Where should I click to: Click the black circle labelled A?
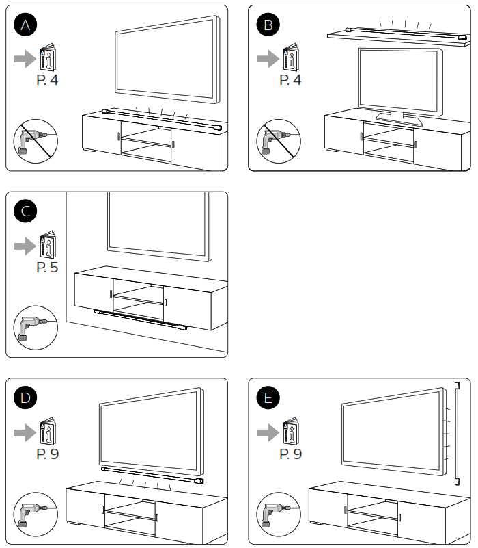tap(26, 25)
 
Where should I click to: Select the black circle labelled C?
tap(26, 211)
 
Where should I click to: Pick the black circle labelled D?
tap(26, 397)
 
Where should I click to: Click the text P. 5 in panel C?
tap(47, 267)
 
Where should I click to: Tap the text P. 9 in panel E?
tap(290, 453)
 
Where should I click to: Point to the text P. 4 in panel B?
tap(290, 81)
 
